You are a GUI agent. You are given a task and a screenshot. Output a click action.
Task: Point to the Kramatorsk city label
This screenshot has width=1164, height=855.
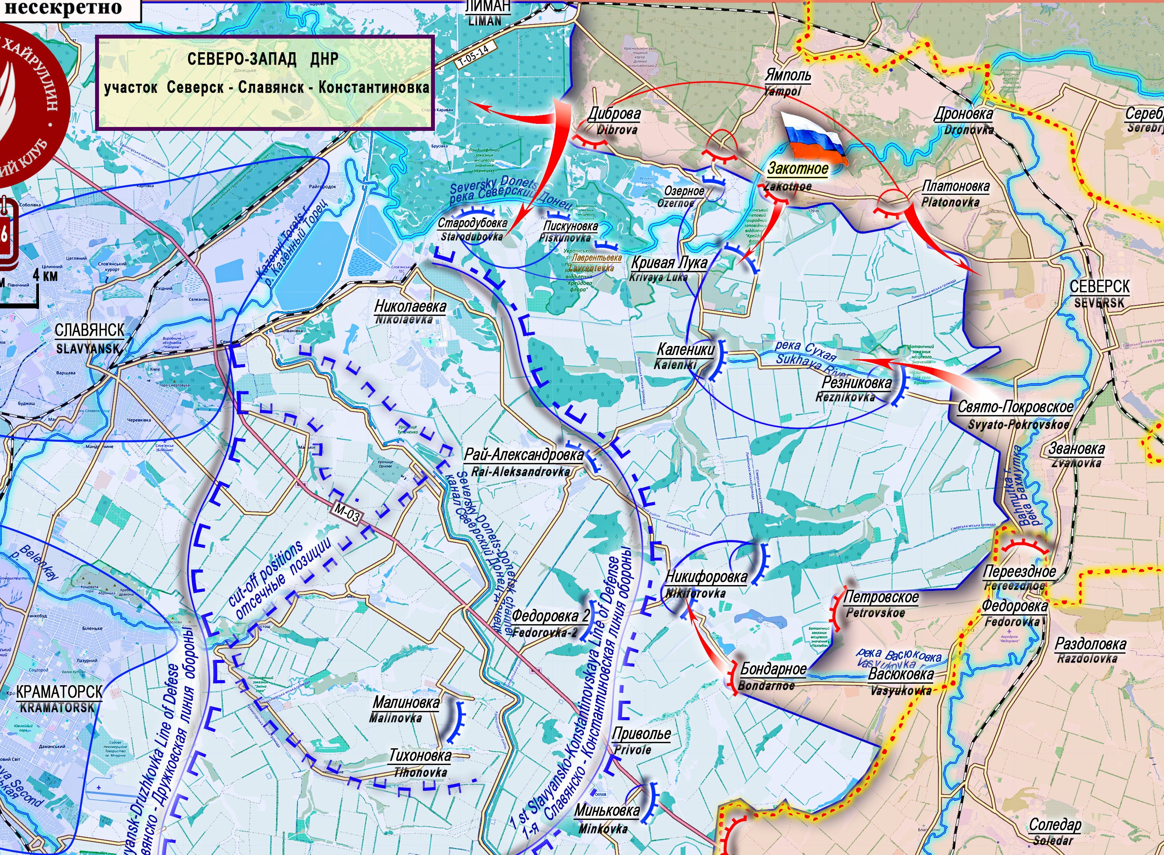(58, 699)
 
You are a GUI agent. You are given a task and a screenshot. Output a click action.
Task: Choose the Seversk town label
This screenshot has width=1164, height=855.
(1099, 293)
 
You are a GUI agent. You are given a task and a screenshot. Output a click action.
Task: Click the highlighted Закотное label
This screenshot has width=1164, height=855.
(797, 169)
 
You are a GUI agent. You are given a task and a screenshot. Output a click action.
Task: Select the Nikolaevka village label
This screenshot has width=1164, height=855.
(410, 312)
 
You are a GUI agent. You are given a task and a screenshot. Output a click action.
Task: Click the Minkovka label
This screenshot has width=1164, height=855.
(606, 818)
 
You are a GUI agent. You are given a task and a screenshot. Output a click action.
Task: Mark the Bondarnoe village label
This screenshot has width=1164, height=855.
(772, 676)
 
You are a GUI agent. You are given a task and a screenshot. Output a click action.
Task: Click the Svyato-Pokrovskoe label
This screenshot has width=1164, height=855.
(1015, 414)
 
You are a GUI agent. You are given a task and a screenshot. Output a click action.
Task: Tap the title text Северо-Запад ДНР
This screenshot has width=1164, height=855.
(263, 59)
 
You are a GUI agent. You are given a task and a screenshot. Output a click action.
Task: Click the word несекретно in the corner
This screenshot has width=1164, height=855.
(63, 8)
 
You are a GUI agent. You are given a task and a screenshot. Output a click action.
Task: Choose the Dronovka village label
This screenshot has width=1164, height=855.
(963, 120)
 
